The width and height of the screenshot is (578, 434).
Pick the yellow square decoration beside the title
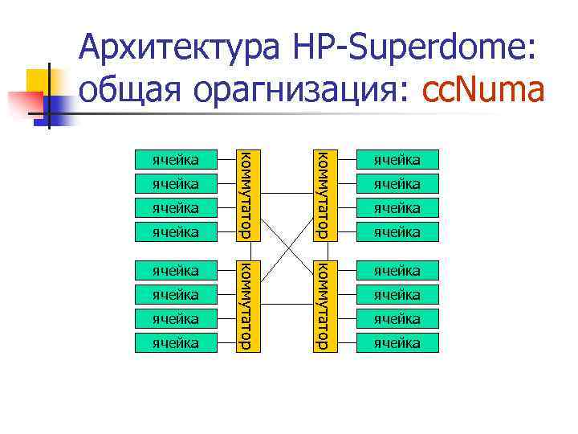pos(42,82)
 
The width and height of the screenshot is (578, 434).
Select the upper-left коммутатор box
pos(246,194)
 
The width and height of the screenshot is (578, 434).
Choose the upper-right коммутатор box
pos(322,194)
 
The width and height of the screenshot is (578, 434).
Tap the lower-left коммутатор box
pos(246,305)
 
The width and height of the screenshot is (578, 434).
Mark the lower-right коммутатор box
pos(322,305)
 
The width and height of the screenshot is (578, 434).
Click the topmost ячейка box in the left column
pos(177,159)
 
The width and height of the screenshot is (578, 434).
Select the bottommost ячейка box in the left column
pos(177,343)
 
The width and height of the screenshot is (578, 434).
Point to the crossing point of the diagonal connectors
pos(284,250)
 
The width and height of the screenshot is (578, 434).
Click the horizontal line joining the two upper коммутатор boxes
pos(284,194)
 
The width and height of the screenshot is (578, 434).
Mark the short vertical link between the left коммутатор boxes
pos(246,249)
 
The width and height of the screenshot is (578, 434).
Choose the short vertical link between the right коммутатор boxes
pos(322,249)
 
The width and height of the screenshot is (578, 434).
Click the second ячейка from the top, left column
pos(177,184)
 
